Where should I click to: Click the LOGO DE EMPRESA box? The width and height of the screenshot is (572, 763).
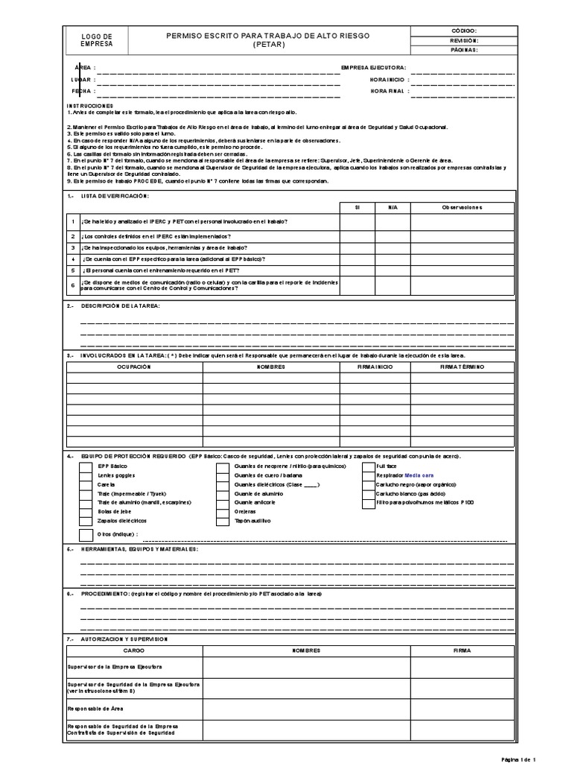pyautogui.click(x=97, y=40)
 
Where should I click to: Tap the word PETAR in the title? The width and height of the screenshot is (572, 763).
pyautogui.click(x=269, y=45)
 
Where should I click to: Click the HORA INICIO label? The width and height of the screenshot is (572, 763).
pyautogui.click(x=387, y=79)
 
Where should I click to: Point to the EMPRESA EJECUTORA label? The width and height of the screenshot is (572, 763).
pyautogui.click(x=372, y=67)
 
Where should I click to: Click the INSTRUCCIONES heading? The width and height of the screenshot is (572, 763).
pyautogui.click(x=89, y=106)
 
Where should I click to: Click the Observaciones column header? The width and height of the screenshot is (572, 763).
pyautogui.click(x=462, y=207)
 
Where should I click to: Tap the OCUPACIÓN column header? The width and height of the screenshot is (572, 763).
pyautogui.click(x=134, y=367)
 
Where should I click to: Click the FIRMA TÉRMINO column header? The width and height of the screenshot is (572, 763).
pyautogui.click(x=462, y=367)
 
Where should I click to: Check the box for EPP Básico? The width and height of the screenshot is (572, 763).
pyautogui.click(x=86, y=466)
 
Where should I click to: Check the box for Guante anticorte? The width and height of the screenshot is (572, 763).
pyautogui.click(x=222, y=503)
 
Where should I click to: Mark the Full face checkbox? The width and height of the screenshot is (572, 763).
pyautogui.click(x=369, y=466)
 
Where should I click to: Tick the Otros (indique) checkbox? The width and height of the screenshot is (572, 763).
pyautogui.click(x=86, y=535)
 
